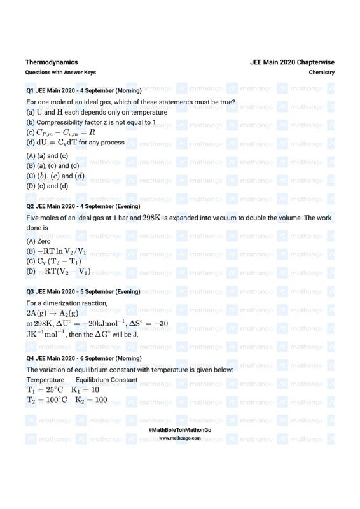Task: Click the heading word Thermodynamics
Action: (52, 62)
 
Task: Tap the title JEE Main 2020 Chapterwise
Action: (292, 62)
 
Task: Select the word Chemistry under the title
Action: (321, 73)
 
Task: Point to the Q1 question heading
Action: (83, 90)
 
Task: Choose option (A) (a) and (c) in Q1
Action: (47, 155)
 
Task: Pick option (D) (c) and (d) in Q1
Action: (47, 186)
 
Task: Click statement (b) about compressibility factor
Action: (91, 122)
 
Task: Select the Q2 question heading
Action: (83, 207)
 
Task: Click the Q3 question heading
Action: (83, 291)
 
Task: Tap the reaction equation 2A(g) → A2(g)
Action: (52, 314)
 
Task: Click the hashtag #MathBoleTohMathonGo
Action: (180, 431)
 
